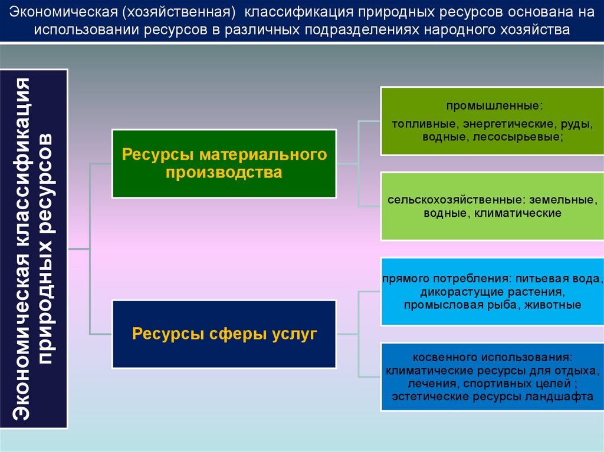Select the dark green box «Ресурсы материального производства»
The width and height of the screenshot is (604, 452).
point(224,163)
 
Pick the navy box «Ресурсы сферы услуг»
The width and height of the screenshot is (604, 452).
point(224,334)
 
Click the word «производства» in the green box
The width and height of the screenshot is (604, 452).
point(224,173)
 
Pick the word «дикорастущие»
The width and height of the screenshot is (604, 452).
point(452,292)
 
